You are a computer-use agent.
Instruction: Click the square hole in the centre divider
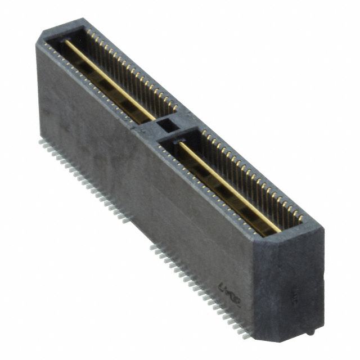(166, 125)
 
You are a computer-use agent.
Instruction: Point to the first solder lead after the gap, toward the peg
(152, 245)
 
